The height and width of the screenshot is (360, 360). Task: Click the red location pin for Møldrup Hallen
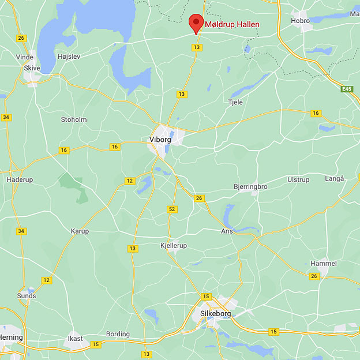[196, 24]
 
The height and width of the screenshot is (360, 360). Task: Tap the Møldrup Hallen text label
[232, 24]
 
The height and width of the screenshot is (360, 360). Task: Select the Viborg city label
[160, 140]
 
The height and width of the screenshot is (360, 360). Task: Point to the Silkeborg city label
[215, 314]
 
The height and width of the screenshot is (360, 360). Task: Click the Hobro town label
[300, 21]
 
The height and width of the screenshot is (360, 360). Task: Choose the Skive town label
[32, 67]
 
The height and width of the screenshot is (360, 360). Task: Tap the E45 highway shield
[347, 89]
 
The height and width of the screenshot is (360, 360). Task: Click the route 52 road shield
[172, 209]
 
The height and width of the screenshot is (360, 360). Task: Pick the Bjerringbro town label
[250, 187]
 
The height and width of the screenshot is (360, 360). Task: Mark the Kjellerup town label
[173, 246]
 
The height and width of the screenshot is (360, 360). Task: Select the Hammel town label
[323, 263]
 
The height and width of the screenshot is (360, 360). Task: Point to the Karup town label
[80, 231]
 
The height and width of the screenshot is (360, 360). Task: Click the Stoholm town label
[73, 120]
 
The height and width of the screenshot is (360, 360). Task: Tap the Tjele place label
[235, 102]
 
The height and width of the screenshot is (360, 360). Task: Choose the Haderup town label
[20, 179]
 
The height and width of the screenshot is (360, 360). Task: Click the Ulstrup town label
[298, 179]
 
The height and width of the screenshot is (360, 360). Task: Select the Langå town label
[335, 179]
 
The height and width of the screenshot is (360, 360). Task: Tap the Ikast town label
[75, 339]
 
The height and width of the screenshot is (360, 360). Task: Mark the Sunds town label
[27, 296]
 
